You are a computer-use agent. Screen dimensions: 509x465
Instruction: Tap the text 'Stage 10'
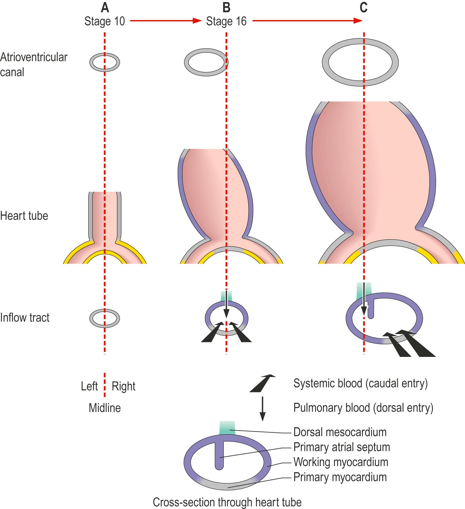(105, 21)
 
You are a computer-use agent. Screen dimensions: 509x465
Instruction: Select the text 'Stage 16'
(226, 21)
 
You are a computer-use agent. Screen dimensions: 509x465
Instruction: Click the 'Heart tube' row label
(24, 216)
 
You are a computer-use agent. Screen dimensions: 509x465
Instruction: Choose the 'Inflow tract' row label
(25, 318)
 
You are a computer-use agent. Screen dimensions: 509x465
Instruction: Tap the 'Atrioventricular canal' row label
(33, 64)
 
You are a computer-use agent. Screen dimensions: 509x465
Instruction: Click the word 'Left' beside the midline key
(89, 386)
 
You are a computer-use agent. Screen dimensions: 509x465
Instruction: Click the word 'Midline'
(105, 408)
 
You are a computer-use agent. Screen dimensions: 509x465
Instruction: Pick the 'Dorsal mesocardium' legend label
(340, 432)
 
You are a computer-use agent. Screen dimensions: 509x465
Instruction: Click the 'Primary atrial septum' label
(342, 447)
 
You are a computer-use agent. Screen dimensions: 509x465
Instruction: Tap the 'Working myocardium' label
(341, 462)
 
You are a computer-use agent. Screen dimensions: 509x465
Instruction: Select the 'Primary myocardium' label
(340, 477)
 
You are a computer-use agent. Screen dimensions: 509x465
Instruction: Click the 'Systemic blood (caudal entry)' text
(360, 384)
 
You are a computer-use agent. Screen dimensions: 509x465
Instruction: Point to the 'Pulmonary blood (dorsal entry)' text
(363, 408)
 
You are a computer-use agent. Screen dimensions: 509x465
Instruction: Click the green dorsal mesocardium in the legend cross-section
(227, 428)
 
